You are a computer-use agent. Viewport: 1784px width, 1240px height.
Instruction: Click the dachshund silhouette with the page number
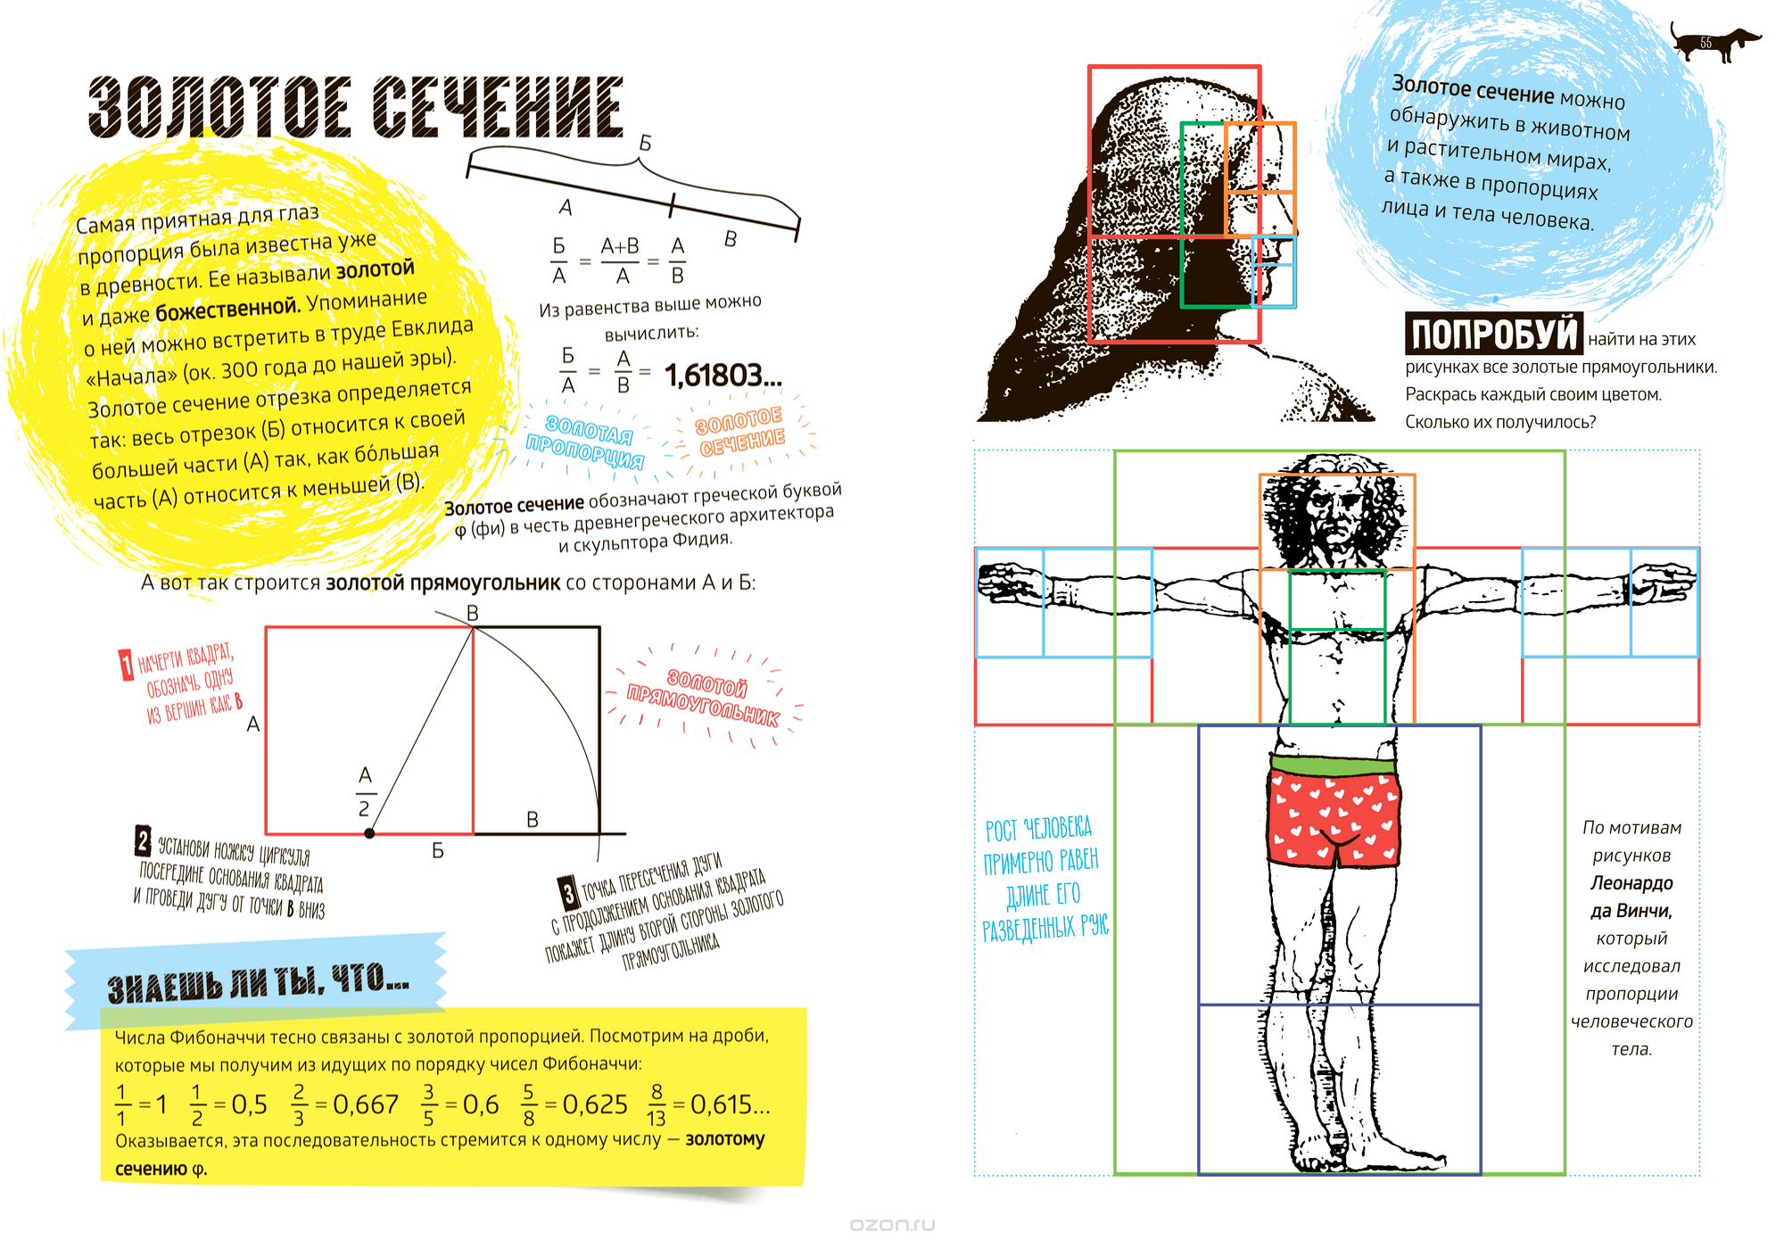pyautogui.click(x=1714, y=42)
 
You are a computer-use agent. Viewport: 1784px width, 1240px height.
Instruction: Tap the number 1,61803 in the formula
pyautogui.click(x=723, y=376)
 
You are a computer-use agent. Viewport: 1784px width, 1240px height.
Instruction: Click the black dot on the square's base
pyautogui.click(x=369, y=833)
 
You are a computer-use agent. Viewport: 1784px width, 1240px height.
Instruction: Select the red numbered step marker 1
pyautogui.click(x=127, y=665)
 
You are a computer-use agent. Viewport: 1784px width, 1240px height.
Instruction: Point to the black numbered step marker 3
pyautogui.click(x=568, y=893)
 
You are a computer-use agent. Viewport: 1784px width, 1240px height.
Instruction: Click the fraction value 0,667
pyautogui.click(x=366, y=1105)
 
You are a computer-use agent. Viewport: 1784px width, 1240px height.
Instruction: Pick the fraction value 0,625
pyautogui.click(x=595, y=1105)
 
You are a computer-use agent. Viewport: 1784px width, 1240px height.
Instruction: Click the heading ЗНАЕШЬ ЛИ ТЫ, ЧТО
pyautogui.click(x=259, y=984)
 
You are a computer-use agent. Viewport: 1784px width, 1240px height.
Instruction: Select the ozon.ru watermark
pyautogui.click(x=892, y=1225)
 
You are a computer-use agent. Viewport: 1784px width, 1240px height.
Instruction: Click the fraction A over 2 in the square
pyautogui.click(x=365, y=791)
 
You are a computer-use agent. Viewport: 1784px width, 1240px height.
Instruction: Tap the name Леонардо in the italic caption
pyautogui.click(x=1631, y=883)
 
